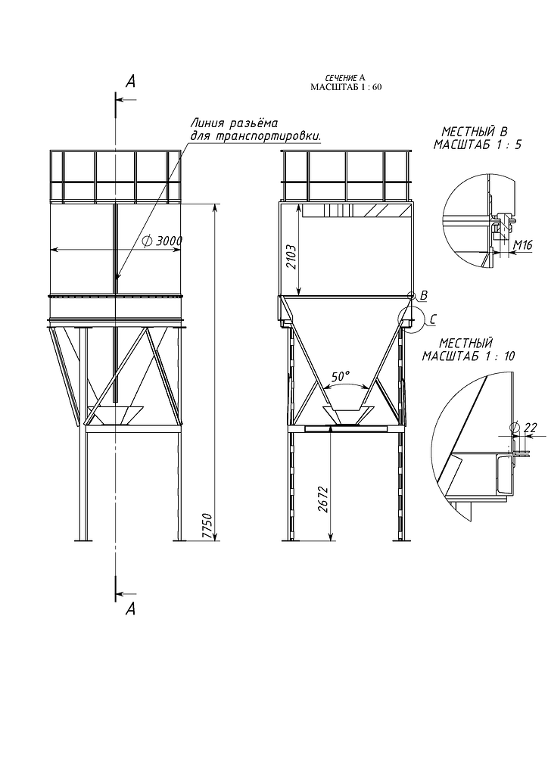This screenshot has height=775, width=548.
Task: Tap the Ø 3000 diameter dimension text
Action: click(x=162, y=241)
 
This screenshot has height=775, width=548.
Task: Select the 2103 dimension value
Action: click(x=291, y=257)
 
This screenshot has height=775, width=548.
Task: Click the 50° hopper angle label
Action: click(x=341, y=377)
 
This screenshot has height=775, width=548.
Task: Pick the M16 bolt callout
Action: click(x=523, y=244)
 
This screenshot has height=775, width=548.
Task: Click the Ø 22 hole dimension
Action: click(x=525, y=428)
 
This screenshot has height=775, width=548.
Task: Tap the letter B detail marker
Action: click(x=423, y=295)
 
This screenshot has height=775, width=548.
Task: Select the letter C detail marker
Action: click(x=433, y=320)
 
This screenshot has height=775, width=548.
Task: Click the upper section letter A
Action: click(x=130, y=82)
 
